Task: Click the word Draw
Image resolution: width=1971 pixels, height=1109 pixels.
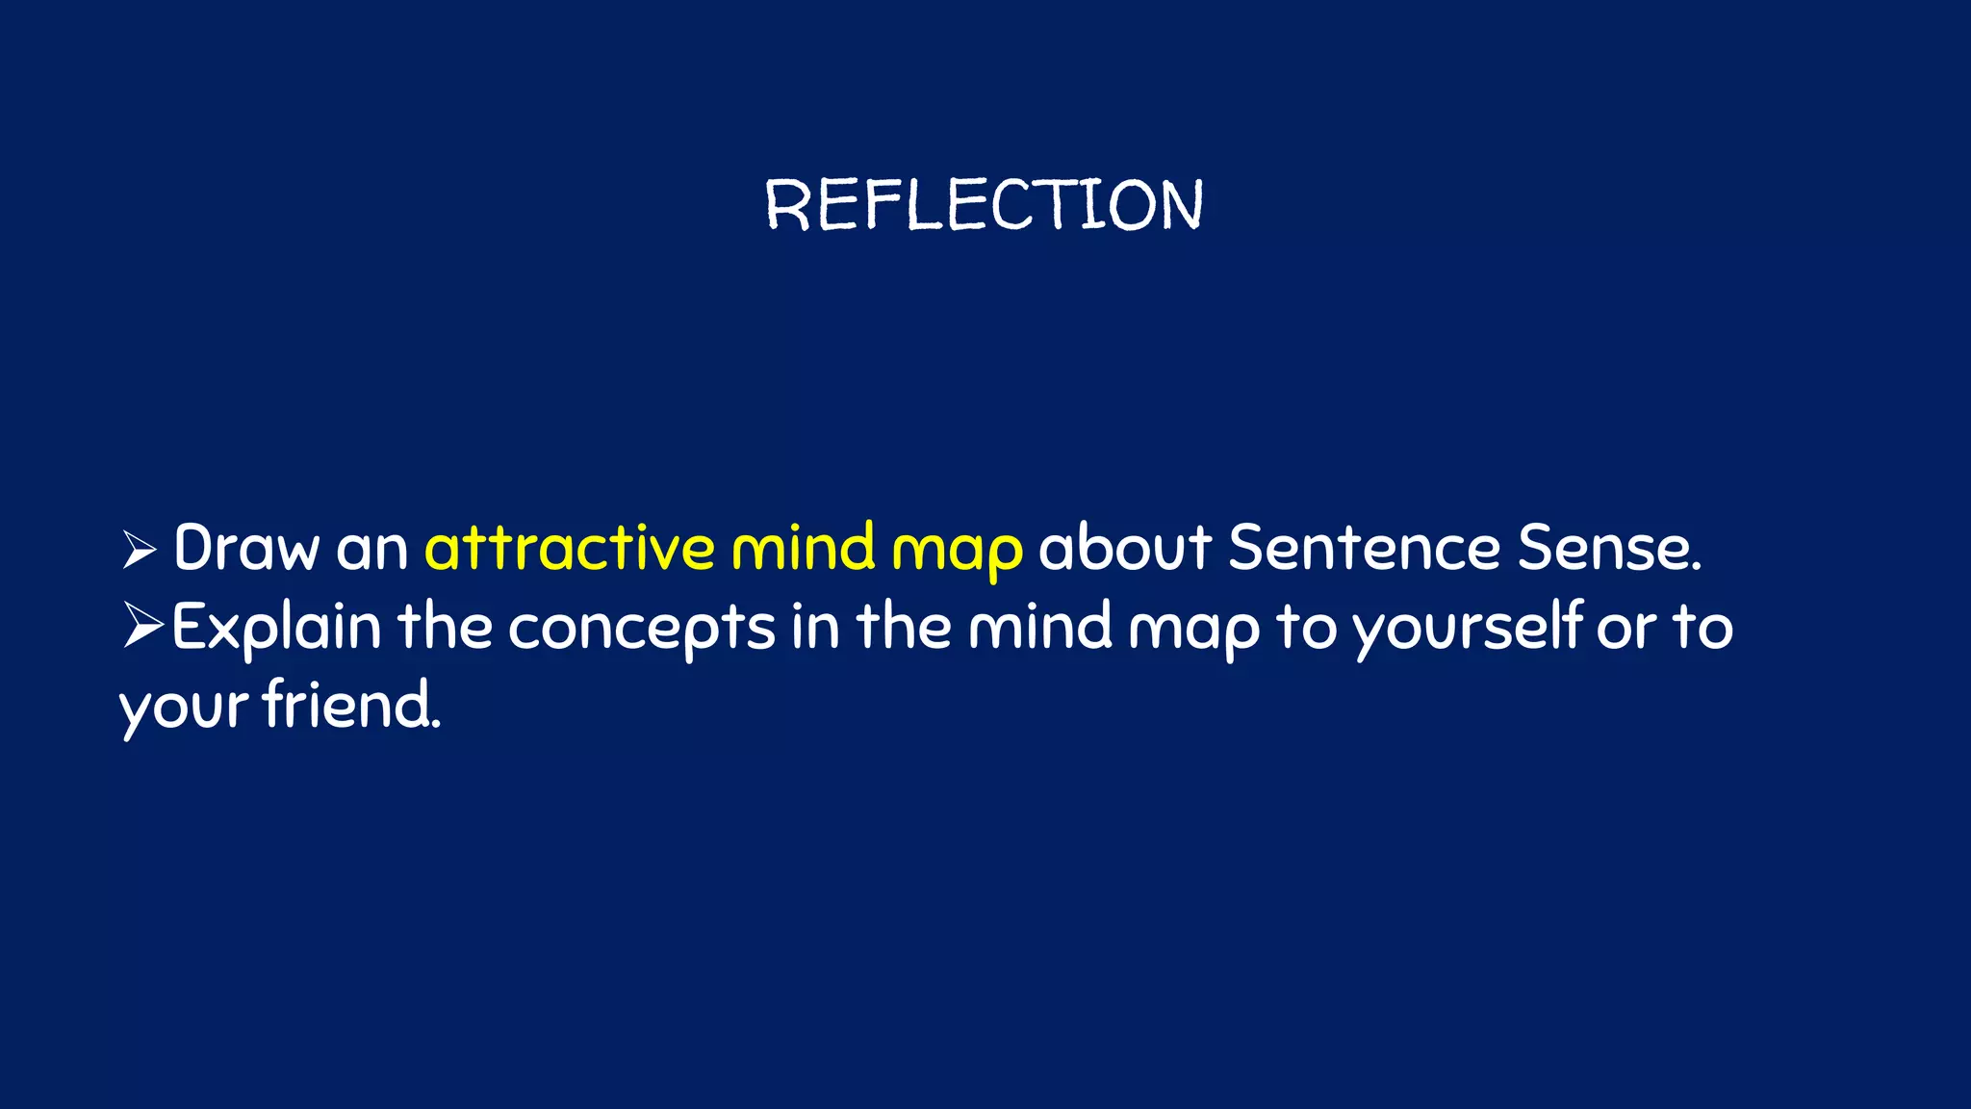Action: pos(245,549)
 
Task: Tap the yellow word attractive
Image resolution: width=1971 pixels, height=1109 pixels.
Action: pos(570,549)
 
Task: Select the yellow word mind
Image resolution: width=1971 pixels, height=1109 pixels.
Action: pos(803,549)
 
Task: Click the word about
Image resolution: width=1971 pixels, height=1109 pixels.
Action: pos(1124,549)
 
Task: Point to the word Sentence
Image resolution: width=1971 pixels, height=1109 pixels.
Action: pos(1364,549)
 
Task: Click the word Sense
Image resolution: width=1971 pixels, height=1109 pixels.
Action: pos(1609,549)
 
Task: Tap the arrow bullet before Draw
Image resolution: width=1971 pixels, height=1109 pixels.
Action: pos(140,551)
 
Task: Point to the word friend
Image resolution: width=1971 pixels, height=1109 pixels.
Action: pos(351,706)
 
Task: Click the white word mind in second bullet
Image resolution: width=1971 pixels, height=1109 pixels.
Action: pos(1039,628)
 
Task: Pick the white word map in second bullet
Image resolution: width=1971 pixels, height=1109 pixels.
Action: pos(1193,632)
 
